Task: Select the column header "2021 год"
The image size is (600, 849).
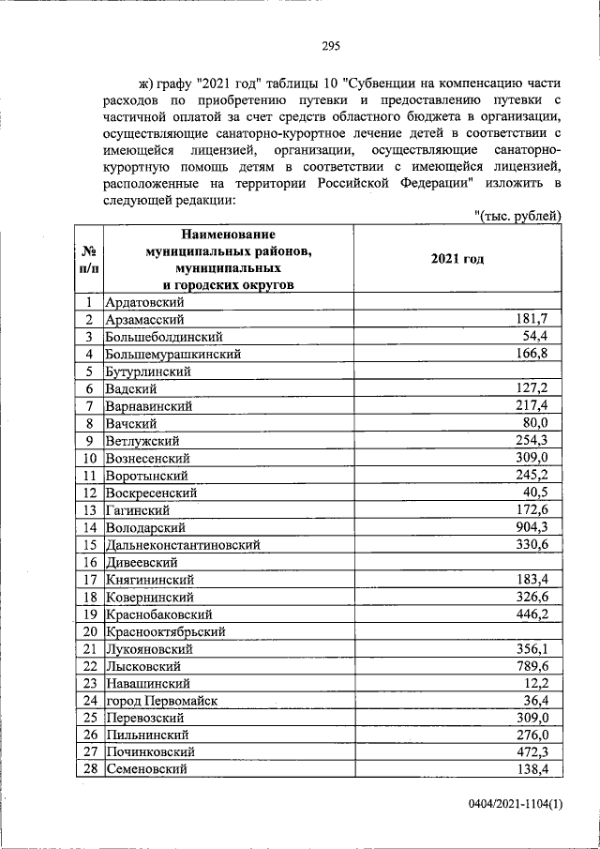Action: click(x=457, y=259)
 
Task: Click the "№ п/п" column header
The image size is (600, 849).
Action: click(x=89, y=259)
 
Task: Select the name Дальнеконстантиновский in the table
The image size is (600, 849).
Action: click(x=182, y=544)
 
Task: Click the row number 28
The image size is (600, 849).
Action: click(x=89, y=769)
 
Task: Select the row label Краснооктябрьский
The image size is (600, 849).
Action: click(x=166, y=630)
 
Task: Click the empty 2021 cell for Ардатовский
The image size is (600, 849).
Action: click(x=457, y=302)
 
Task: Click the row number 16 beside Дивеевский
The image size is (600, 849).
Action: click(x=89, y=562)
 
